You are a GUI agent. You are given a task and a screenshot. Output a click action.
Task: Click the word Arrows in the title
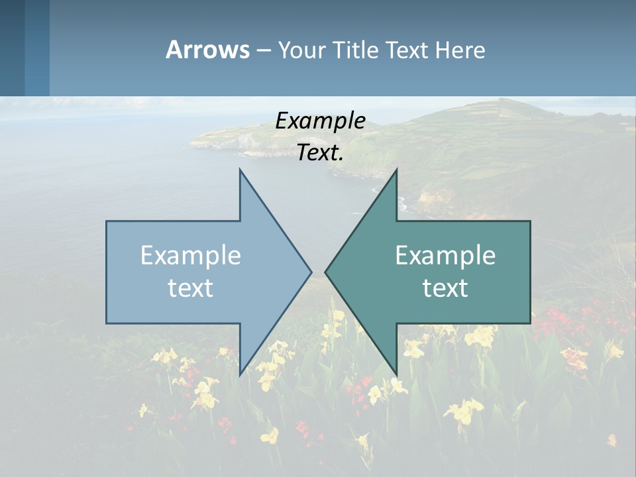(207, 50)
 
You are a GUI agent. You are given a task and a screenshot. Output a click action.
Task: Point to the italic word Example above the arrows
(320, 121)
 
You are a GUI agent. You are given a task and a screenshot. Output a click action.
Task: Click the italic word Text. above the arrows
(320, 153)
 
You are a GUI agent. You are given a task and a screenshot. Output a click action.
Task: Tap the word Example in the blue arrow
(190, 256)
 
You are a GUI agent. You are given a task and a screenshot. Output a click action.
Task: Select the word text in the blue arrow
(190, 288)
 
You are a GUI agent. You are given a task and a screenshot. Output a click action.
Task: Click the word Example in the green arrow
(445, 256)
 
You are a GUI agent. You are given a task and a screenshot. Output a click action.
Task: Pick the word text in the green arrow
(445, 288)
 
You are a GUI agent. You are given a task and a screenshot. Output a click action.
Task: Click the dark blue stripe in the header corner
(12, 48)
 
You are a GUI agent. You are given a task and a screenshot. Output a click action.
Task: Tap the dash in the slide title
(263, 50)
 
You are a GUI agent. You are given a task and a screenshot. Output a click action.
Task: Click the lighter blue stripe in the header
(37, 48)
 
